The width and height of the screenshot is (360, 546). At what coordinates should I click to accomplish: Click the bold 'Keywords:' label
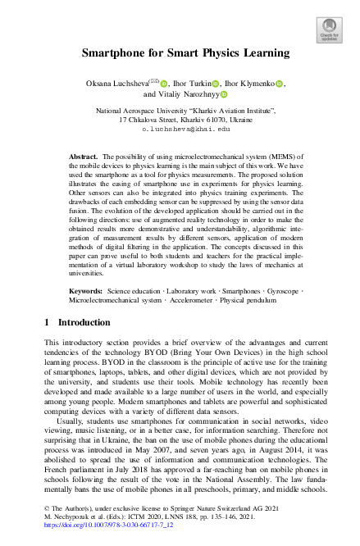click(85, 291)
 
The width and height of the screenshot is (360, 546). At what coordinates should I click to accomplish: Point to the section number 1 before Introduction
click(47, 324)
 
